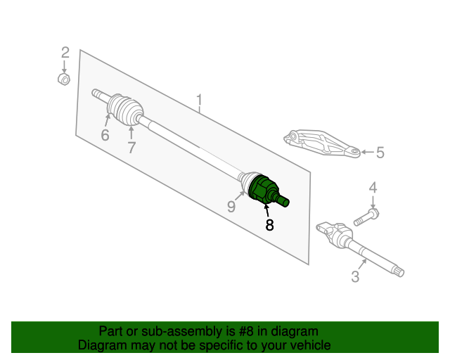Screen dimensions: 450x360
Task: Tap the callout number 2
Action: click(x=65, y=53)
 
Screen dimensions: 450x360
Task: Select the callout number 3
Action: click(x=355, y=276)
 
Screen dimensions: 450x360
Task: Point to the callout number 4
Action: click(x=373, y=188)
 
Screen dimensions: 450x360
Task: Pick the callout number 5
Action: click(x=380, y=152)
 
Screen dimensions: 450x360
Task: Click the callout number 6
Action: click(x=105, y=135)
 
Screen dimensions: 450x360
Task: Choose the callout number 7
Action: click(x=131, y=148)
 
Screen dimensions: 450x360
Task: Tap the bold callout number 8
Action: click(x=269, y=225)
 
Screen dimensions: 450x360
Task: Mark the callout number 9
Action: click(x=231, y=206)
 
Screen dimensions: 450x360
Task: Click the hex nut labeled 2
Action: click(x=64, y=79)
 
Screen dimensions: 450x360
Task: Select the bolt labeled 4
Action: click(x=366, y=217)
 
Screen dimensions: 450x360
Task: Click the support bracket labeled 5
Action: click(x=321, y=143)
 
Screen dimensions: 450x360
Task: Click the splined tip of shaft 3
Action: click(x=398, y=271)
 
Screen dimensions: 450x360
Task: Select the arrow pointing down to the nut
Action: click(x=64, y=67)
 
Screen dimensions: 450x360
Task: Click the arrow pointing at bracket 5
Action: click(x=368, y=152)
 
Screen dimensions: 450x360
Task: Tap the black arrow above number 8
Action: click(x=267, y=210)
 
